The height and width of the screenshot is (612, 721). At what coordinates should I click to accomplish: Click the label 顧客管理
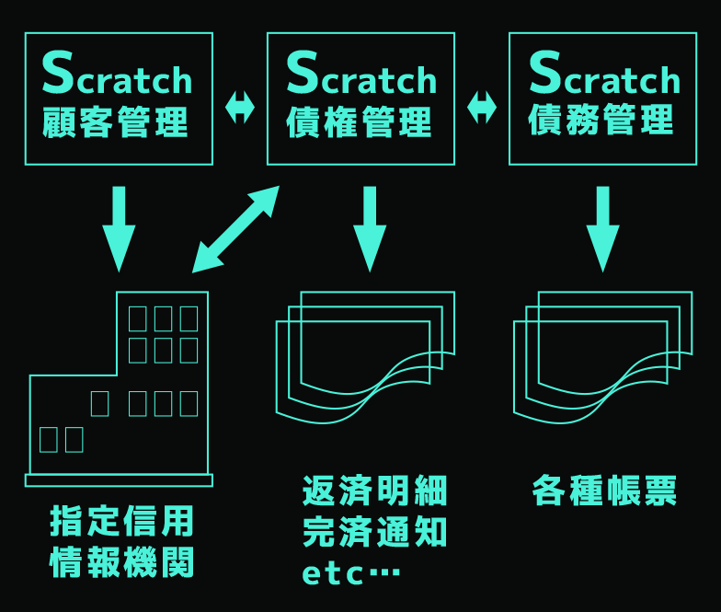(x=115, y=121)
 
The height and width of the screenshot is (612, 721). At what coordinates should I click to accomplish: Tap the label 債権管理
(x=359, y=121)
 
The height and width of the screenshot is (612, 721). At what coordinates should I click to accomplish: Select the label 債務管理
(x=601, y=120)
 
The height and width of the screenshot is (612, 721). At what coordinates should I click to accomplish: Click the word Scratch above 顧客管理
(x=117, y=73)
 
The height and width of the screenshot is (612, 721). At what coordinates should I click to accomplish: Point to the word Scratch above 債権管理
(x=360, y=73)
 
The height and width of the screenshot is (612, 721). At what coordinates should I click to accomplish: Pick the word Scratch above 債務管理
(x=604, y=73)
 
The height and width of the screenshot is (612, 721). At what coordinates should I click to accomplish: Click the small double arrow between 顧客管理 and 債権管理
(x=240, y=108)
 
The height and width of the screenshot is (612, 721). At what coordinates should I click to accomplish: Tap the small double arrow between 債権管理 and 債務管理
(x=482, y=108)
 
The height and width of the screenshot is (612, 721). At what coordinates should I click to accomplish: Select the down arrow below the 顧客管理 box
(x=120, y=229)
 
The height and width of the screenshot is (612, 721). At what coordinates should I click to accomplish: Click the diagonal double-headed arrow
(x=235, y=229)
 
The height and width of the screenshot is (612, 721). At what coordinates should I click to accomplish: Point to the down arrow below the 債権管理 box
(x=370, y=229)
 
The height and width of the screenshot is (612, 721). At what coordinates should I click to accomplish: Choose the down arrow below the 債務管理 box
(x=603, y=229)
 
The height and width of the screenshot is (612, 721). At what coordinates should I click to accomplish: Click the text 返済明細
(x=375, y=491)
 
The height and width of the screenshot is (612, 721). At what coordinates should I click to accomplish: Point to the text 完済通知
(x=375, y=532)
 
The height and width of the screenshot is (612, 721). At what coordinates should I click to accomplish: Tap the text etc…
(x=351, y=573)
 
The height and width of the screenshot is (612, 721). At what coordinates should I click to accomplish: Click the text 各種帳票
(x=604, y=491)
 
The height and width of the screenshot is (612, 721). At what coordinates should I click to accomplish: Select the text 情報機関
(x=121, y=562)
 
